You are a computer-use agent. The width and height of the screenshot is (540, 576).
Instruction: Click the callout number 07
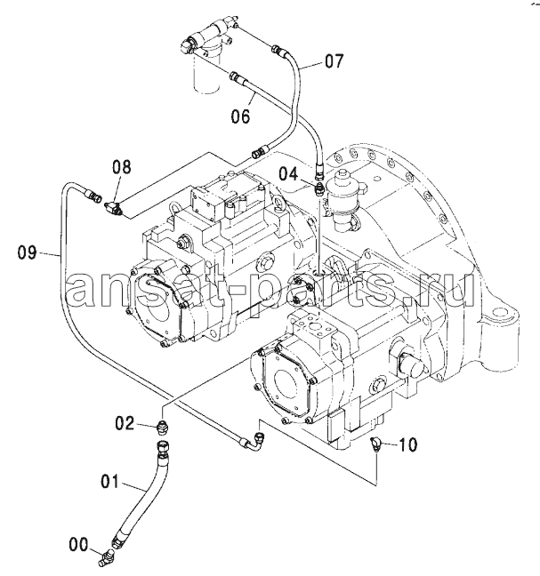(334, 61)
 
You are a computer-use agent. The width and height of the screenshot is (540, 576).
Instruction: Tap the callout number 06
(241, 116)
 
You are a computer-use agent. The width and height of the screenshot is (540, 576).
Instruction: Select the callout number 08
(122, 167)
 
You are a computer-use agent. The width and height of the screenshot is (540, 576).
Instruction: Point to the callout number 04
(288, 173)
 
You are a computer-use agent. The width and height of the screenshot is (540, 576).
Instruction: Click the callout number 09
(28, 252)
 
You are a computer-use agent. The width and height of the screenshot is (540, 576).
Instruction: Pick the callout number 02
(125, 423)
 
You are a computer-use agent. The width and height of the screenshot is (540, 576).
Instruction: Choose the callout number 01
(110, 481)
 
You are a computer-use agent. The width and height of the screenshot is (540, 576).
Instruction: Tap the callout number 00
(78, 544)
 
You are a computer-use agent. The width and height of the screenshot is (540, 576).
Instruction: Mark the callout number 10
(408, 444)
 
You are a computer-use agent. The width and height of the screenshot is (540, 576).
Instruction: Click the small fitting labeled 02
(163, 428)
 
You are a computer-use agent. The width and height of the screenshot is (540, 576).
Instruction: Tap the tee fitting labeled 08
(112, 207)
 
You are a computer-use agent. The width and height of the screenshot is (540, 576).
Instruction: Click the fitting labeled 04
(319, 188)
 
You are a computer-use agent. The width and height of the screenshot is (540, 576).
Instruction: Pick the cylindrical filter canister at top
(206, 70)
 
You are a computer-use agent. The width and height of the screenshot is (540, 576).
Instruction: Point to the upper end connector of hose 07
(279, 50)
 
